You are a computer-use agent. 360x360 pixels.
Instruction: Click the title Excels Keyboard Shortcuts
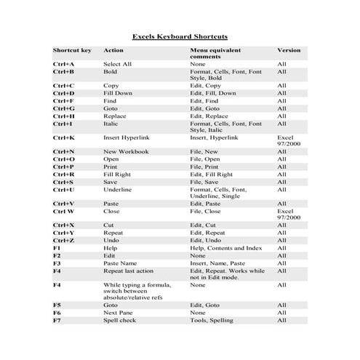(x=180, y=35)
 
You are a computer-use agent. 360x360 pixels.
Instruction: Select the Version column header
(x=288, y=51)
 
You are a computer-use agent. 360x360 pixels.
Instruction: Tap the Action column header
(x=113, y=51)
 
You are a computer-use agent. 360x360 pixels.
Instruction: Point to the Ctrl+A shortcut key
(x=63, y=64)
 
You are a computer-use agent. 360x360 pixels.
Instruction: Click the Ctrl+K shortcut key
(x=63, y=137)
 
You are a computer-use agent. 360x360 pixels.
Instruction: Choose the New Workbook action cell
(x=126, y=151)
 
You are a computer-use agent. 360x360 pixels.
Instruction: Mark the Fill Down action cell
(x=119, y=94)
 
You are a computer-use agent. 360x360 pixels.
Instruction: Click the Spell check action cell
(x=120, y=320)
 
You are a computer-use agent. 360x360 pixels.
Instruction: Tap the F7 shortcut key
(x=57, y=320)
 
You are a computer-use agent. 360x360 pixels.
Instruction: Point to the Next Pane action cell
(x=119, y=313)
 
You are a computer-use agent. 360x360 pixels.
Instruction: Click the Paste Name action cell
(x=120, y=263)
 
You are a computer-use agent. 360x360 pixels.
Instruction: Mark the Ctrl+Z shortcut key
(x=63, y=240)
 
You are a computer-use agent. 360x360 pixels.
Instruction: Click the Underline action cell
(x=119, y=189)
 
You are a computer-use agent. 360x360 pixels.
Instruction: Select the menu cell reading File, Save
(x=204, y=182)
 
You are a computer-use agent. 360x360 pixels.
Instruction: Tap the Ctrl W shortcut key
(x=64, y=211)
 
